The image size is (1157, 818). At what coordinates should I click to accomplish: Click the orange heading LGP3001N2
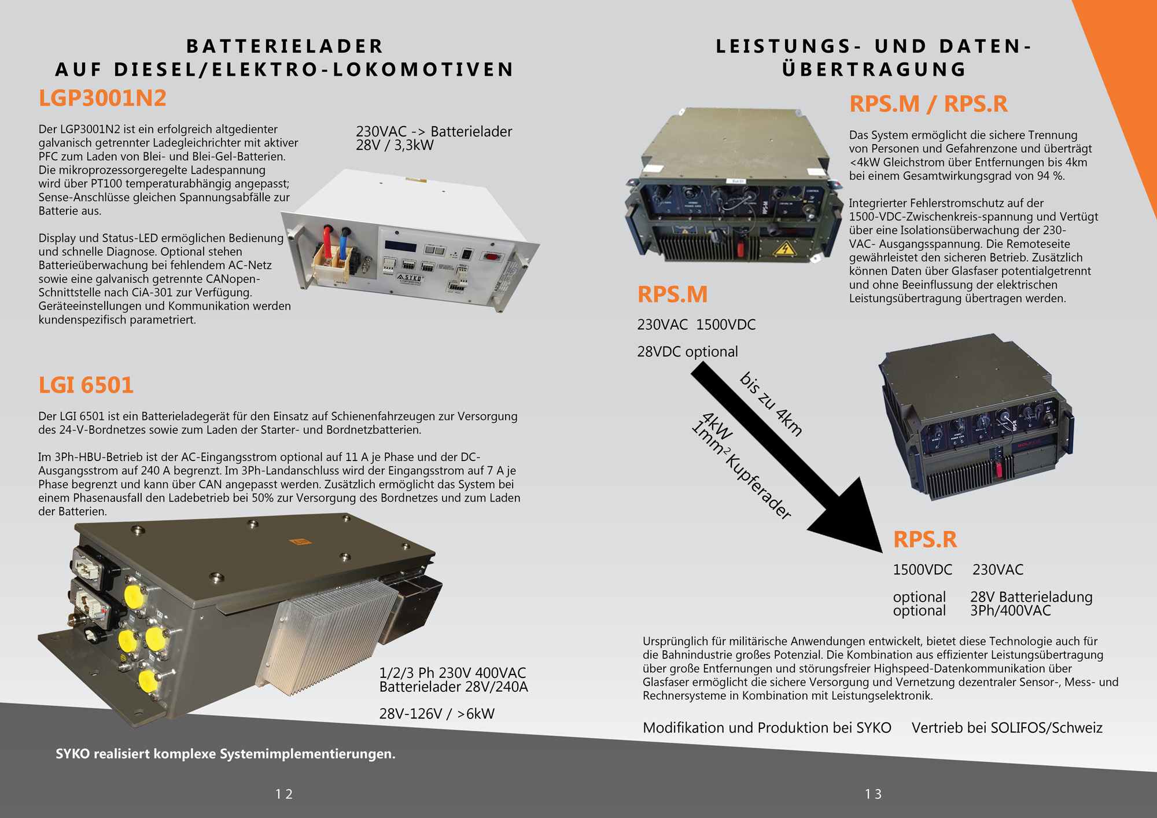pyautogui.click(x=102, y=98)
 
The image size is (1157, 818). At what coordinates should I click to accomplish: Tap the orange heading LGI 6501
pyautogui.click(x=86, y=385)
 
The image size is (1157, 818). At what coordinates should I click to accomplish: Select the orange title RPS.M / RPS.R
pyautogui.click(x=928, y=104)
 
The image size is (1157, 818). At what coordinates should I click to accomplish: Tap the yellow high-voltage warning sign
pyautogui.click(x=784, y=249)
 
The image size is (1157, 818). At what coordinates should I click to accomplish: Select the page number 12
pyautogui.click(x=284, y=794)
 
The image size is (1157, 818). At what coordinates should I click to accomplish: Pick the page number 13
pyautogui.click(x=873, y=794)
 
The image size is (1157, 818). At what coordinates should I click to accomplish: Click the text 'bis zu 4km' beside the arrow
pyautogui.click(x=771, y=404)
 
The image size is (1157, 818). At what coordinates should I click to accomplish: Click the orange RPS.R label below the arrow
pyautogui.click(x=924, y=540)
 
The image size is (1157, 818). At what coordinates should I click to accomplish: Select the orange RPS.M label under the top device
pyautogui.click(x=672, y=294)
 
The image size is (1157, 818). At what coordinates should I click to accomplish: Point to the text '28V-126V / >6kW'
pyautogui.click(x=437, y=714)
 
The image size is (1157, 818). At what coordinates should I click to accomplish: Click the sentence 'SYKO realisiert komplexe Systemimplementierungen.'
pyautogui.click(x=226, y=754)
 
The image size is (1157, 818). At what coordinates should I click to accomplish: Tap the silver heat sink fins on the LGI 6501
pyautogui.click(x=333, y=636)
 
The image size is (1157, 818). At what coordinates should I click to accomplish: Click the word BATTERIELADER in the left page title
pyautogui.click(x=285, y=46)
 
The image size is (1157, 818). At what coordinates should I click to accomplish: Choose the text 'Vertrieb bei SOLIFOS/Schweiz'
pyautogui.click(x=1007, y=728)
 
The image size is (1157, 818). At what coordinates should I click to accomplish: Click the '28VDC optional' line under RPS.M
pyautogui.click(x=687, y=352)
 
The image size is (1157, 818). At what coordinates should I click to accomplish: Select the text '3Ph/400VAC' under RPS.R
pyautogui.click(x=1011, y=611)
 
